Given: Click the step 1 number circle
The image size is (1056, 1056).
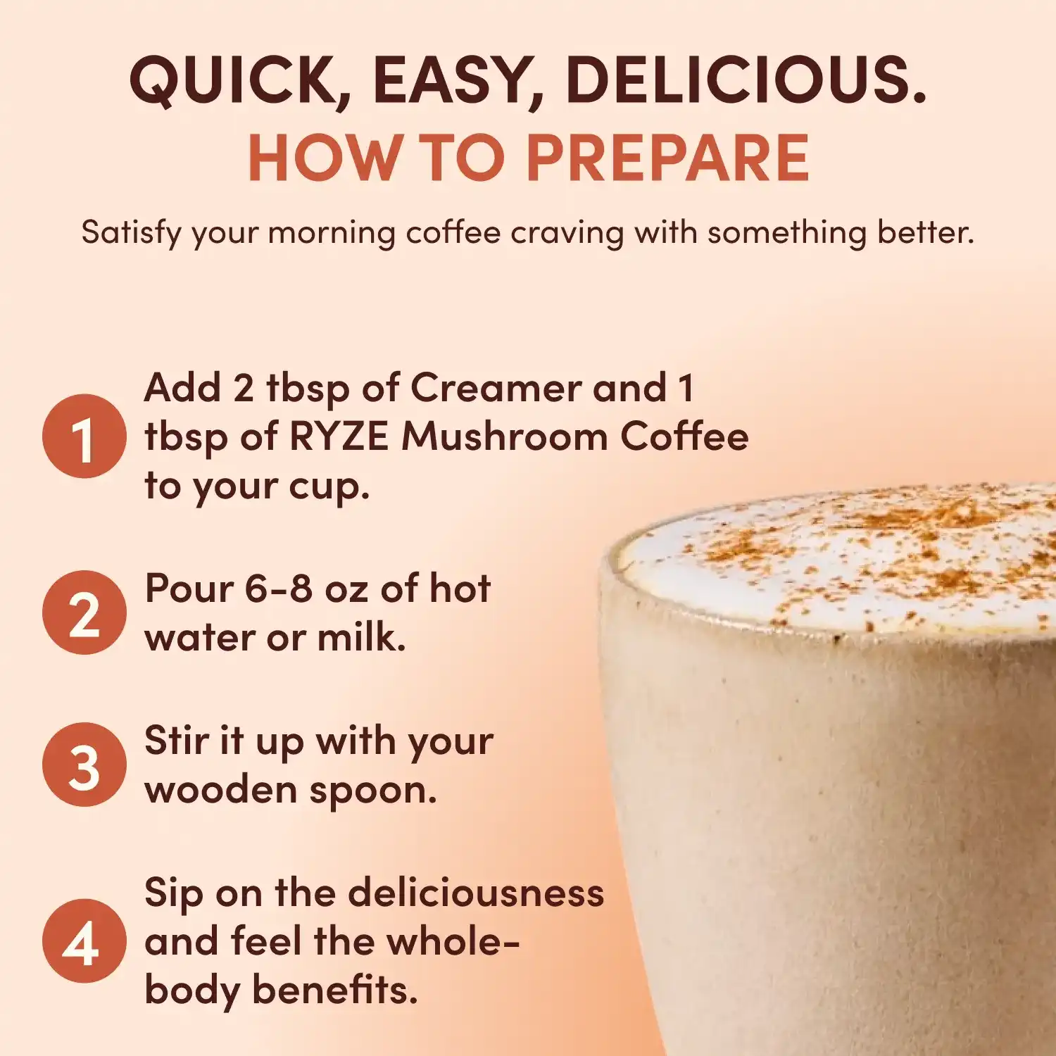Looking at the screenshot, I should tap(84, 436).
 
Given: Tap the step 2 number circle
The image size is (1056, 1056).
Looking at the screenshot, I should tap(84, 612).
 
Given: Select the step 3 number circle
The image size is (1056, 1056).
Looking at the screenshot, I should tap(84, 765).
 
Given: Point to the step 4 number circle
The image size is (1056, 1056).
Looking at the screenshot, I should tap(84, 941).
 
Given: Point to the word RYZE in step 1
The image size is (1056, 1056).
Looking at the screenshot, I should tap(339, 436).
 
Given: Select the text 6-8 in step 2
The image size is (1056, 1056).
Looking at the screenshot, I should tap(278, 589).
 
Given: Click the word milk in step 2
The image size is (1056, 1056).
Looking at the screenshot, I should tap(360, 638).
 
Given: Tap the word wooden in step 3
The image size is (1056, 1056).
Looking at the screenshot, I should tap(220, 790).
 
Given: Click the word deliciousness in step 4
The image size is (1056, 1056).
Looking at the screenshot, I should tap(476, 893).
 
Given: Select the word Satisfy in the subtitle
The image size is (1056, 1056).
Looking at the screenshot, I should tap(132, 232).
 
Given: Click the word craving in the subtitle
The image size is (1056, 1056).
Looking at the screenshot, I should tap(567, 233).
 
